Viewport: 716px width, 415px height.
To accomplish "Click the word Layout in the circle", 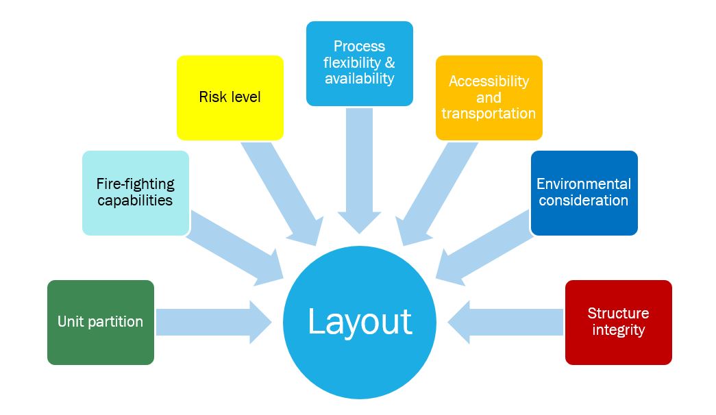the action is point(360,321).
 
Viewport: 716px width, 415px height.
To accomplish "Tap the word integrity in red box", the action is point(619,330).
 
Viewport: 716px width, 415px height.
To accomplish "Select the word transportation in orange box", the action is point(489,114).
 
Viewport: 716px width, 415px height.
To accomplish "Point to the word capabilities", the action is point(135,201).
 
